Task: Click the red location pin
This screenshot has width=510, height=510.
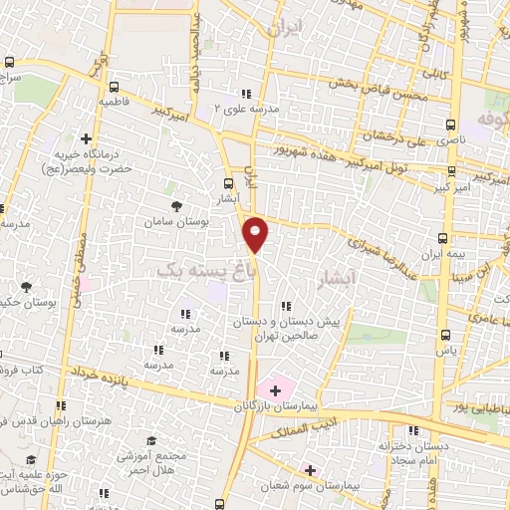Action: click(256, 233)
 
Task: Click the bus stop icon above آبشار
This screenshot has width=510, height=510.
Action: click(228, 183)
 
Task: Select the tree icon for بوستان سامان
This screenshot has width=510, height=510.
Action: click(176, 206)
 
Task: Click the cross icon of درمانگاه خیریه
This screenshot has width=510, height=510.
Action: click(87, 138)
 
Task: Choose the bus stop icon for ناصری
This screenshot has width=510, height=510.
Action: click(450, 126)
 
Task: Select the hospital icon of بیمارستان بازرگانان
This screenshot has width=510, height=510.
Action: click(276, 389)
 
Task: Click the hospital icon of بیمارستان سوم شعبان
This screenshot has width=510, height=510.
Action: click(310, 469)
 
